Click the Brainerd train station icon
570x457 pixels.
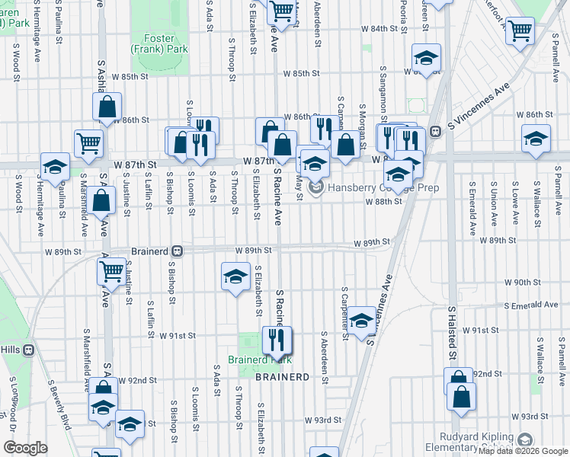tap(177, 250)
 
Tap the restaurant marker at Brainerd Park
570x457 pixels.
tap(277, 340)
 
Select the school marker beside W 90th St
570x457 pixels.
tap(235, 276)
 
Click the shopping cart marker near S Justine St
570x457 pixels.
tap(111, 270)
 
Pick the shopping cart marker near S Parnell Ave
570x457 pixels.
tap(520, 31)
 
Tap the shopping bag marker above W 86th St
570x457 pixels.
tap(107, 106)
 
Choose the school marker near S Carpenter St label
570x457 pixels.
tap(362, 320)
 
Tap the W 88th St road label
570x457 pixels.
tap(383, 202)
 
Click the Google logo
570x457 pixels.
tap(26, 449)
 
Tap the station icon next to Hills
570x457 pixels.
tap(29, 350)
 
